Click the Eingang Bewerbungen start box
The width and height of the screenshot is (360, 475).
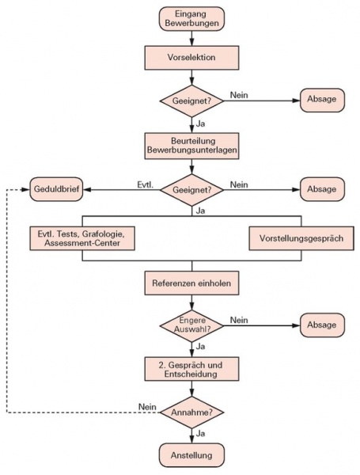click(x=191, y=19)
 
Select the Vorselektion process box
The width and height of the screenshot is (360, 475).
click(x=191, y=58)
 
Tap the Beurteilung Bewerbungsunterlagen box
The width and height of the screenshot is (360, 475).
click(x=191, y=146)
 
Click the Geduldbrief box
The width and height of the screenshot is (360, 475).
click(x=56, y=189)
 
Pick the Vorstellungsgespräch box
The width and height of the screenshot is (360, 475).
click(x=301, y=238)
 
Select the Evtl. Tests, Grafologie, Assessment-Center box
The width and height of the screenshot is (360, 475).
click(x=82, y=238)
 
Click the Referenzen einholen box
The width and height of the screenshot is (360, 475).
click(x=191, y=283)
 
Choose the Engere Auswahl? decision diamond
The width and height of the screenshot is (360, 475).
click(x=191, y=325)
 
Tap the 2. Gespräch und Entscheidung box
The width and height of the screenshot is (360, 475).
click(x=191, y=369)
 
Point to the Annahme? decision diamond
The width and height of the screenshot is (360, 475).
click(x=191, y=412)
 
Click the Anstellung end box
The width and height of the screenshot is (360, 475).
click(x=191, y=455)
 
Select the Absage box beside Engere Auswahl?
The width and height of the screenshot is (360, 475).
click(x=322, y=325)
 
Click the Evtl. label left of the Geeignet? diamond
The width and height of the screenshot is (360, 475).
click(x=146, y=184)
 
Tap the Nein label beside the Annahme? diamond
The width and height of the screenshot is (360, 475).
click(x=147, y=407)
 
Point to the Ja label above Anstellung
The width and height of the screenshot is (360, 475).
click(x=200, y=434)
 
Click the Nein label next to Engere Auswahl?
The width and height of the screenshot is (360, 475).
click(x=239, y=320)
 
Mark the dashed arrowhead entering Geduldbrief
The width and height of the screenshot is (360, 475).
click(x=25, y=190)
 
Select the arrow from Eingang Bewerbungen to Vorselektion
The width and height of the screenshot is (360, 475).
click(x=191, y=38)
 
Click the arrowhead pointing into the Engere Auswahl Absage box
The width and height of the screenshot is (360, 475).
click(x=296, y=325)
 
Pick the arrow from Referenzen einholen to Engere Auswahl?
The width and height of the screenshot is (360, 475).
click(x=191, y=302)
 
